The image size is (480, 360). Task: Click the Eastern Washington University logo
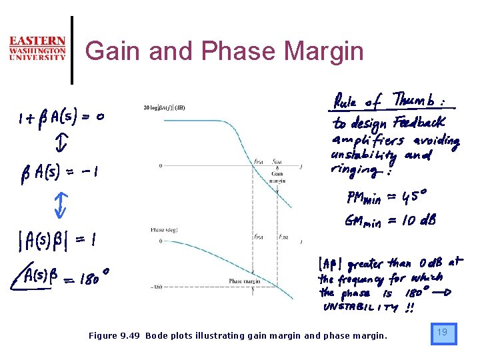coord(37,49)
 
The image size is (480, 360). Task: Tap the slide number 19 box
coord(443,333)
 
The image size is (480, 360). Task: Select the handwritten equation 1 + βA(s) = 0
coord(61,118)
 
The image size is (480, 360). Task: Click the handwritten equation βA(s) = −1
coord(59,171)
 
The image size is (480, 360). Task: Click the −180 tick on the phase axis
coord(157,287)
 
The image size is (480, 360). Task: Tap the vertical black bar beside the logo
coord(71,50)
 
